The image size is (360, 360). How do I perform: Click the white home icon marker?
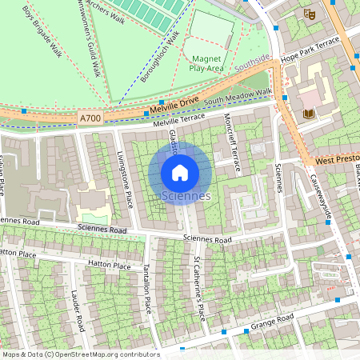180,172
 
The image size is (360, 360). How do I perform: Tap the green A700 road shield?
90,118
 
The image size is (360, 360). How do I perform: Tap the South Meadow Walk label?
238,99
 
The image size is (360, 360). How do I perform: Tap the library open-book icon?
308,114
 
